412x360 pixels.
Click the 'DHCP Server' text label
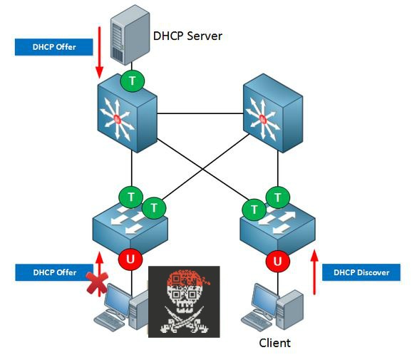(188, 35)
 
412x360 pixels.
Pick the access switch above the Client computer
(277, 227)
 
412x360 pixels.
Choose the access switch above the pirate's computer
(130, 227)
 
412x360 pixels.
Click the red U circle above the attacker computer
(130, 259)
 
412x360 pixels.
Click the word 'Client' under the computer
(274, 344)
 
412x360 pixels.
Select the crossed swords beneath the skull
(183, 324)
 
